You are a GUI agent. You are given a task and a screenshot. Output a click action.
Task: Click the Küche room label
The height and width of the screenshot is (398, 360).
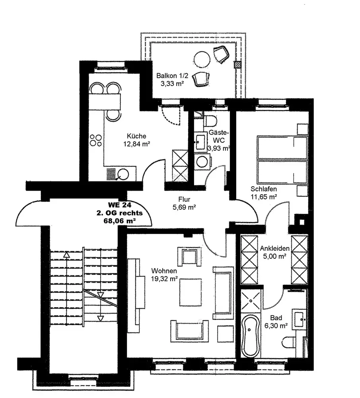pyautogui.click(x=136, y=135)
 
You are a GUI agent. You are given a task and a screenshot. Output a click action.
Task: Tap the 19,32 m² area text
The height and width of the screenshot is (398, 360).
pyautogui.click(x=164, y=279)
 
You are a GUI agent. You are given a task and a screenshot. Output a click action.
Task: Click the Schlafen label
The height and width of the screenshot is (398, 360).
pyautogui.click(x=264, y=189)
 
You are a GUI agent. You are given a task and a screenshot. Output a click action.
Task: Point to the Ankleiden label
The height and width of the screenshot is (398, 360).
pyautogui.click(x=274, y=249)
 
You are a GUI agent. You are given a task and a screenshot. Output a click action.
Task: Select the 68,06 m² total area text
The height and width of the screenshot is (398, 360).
pyautogui.click(x=120, y=220)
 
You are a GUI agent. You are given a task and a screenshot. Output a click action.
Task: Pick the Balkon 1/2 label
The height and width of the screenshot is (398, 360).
pyautogui.click(x=169, y=76)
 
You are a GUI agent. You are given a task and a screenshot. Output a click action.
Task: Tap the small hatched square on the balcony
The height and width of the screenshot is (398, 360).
pyautogui.click(x=237, y=64)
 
